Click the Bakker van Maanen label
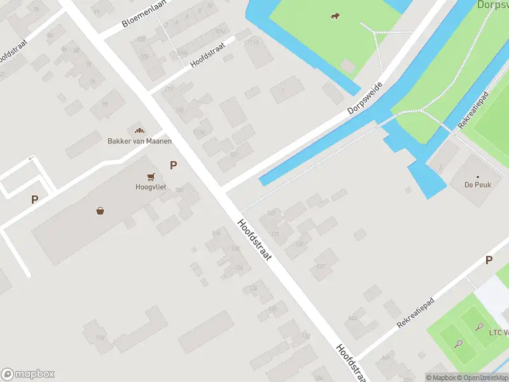tap(139, 141)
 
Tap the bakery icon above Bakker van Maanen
tap(139, 130)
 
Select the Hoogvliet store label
tap(150, 187)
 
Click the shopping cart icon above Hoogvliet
tap(151, 176)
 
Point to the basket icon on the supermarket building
tap(101, 210)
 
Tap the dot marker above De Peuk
tap(477, 177)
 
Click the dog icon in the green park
tap(335, 16)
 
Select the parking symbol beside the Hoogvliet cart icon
tap(173, 165)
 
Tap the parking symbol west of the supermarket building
tap(34, 199)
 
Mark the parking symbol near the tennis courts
tap(489, 260)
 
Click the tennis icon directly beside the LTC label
tap(478, 327)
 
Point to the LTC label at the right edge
tap(498, 332)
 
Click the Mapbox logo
tap(28, 374)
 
